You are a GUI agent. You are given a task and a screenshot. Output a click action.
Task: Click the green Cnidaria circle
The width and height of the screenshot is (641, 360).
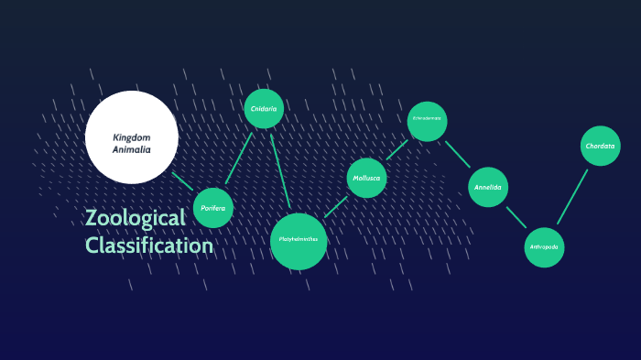tap(264, 109)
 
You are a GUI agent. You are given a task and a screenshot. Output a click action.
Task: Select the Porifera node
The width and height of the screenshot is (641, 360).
tap(213, 208)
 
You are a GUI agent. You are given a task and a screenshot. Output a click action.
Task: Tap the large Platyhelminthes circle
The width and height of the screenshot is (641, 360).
tap(299, 242)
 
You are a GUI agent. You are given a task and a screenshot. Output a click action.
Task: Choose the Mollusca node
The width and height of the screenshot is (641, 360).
tap(366, 178)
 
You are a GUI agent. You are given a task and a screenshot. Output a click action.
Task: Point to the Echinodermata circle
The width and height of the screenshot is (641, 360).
tap(427, 121)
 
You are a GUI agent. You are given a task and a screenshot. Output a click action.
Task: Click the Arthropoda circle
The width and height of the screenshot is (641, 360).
tap(544, 247)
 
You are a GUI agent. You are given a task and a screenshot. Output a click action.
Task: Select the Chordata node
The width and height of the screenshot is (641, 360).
tap(601, 147)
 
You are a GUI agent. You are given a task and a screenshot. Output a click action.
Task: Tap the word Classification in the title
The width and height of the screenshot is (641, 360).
tap(149, 245)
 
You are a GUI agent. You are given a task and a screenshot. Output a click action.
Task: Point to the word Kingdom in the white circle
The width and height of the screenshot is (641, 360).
tap(132, 137)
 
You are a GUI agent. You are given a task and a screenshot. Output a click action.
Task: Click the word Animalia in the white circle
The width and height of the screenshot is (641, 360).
tap(132, 148)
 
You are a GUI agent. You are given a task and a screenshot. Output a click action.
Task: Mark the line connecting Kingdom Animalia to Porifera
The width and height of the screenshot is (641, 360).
tap(183, 181)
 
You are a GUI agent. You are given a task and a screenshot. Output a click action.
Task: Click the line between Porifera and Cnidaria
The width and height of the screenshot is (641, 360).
tap(239, 158)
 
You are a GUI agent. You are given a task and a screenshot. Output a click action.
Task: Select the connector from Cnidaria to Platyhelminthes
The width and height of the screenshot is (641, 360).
tap(281, 169)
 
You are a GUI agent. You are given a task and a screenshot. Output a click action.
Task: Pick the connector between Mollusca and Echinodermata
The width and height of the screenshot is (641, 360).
tap(397, 149)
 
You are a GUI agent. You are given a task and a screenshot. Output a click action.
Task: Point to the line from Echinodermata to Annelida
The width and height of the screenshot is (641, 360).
tap(457, 154)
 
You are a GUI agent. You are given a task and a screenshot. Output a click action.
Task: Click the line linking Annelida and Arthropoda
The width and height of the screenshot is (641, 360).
tap(516, 217)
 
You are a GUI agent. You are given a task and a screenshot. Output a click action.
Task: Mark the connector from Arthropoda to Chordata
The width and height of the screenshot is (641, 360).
tap(572, 196)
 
